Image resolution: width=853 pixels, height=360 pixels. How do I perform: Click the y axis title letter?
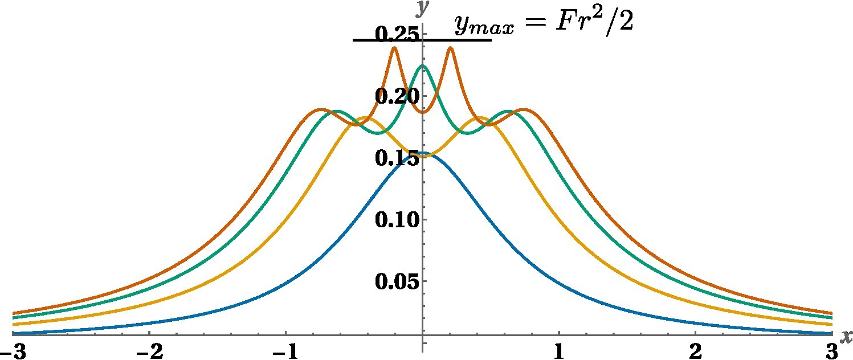(422, 8)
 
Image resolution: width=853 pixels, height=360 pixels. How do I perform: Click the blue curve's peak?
(422, 154)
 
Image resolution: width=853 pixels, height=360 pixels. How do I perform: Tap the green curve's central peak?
(422, 66)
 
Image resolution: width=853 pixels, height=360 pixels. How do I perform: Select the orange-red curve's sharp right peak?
(450, 48)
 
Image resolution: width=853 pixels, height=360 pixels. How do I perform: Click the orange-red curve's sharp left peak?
(394, 48)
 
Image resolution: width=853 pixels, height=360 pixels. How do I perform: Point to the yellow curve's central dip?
(422, 154)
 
